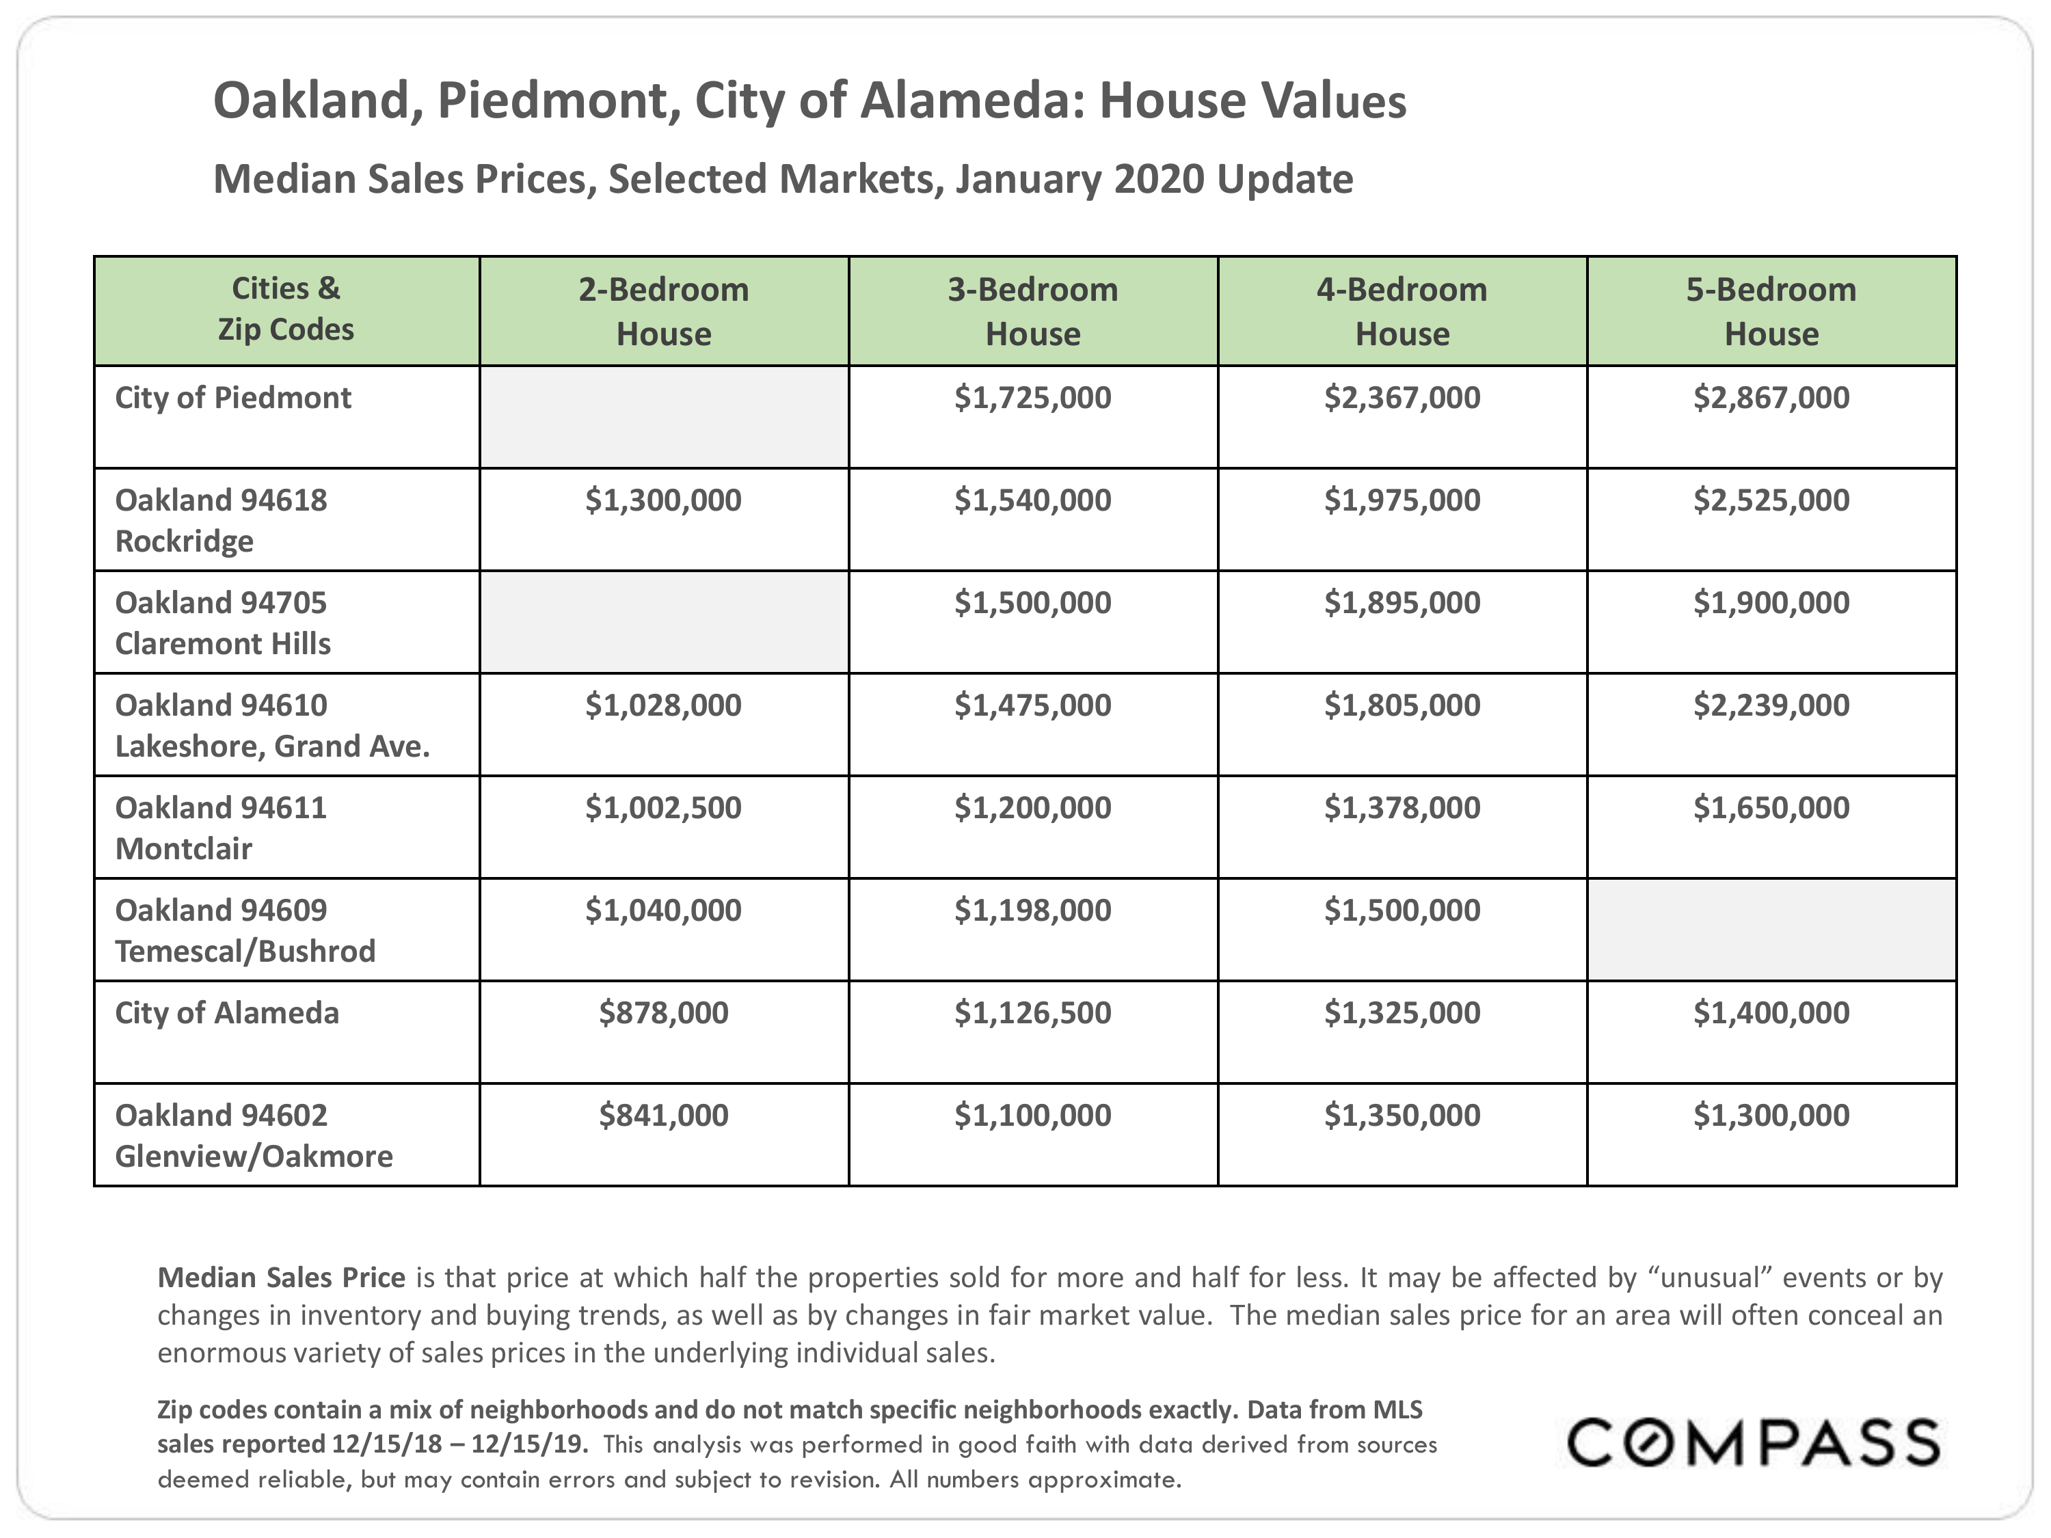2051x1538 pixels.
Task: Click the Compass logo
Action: click(x=1752, y=1444)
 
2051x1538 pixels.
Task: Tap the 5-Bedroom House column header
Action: click(x=1770, y=312)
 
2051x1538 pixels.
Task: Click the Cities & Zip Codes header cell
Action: click(x=286, y=309)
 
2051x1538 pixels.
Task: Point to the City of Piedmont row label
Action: click(x=232, y=398)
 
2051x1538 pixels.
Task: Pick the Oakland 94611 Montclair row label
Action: click(x=221, y=827)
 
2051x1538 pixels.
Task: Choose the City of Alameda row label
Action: click(x=226, y=1012)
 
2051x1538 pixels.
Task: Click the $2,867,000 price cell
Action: click(x=1770, y=398)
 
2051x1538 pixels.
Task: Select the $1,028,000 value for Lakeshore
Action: click(x=663, y=705)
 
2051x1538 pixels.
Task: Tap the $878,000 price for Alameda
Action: click(x=663, y=1012)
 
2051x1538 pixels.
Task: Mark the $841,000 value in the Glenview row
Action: click(x=663, y=1116)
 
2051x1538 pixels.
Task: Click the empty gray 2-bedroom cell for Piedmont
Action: click(x=663, y=417)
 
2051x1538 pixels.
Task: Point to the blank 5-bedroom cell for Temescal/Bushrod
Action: click(x=1770, y=930)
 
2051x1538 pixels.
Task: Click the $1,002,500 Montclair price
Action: click(x=663, y=807)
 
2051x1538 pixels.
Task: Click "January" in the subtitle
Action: click(x=1028, y=179)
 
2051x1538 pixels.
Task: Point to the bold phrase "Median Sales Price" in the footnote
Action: click(x=281, y=1278)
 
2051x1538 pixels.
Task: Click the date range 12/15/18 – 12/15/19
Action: click(x=458, y=1444)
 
